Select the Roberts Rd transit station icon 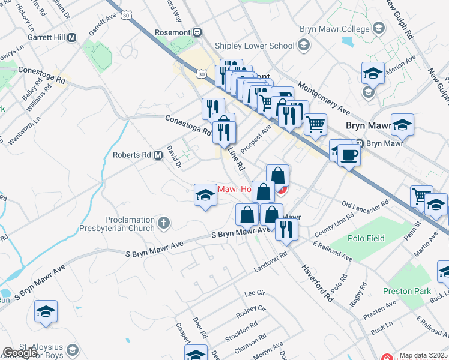click(158, 155)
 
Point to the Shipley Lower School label click(255, 46)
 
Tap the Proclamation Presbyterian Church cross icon click(164, 224)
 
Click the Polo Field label click(366, 238)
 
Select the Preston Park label click(406, 291)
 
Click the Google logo click(20, 353)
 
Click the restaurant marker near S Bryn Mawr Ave click(286, 229)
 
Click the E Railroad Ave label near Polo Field click(332, 251)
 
